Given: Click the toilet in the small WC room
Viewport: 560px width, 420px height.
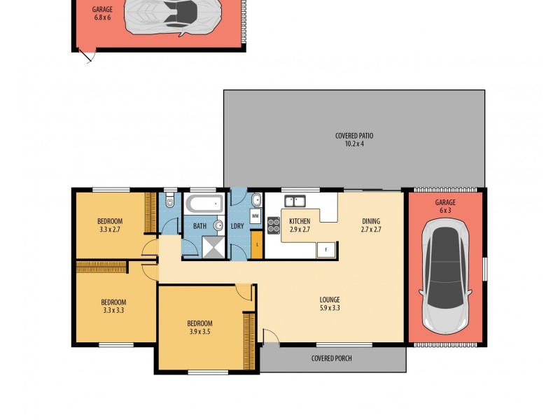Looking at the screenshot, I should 169,202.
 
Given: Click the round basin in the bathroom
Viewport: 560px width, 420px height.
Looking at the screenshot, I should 218,225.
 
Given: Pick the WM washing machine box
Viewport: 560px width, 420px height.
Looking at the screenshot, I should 255,216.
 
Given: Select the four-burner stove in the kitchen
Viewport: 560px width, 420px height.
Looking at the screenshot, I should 273,225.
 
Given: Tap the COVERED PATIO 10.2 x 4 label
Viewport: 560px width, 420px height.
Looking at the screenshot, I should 354,139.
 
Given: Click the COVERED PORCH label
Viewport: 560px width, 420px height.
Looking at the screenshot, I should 331,358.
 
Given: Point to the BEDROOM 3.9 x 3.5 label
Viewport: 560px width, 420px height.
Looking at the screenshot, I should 199,327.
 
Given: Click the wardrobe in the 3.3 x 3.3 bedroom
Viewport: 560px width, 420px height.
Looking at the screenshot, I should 101,266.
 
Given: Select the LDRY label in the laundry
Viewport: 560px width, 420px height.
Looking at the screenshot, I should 237,226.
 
